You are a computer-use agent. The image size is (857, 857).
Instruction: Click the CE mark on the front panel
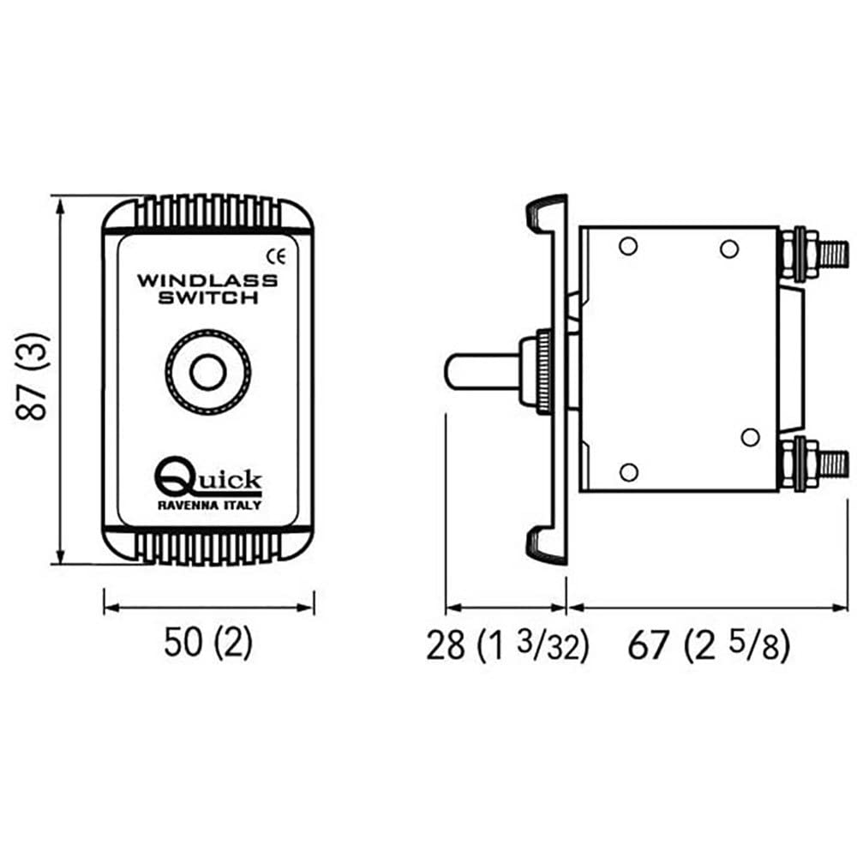point(278,255)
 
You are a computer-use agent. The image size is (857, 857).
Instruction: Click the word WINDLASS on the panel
point(207,280)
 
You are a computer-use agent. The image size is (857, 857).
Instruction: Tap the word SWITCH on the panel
point(208,298)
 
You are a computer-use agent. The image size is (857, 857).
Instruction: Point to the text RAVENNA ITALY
point(209,505)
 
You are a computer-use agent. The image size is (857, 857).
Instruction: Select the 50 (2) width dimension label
point(208,644)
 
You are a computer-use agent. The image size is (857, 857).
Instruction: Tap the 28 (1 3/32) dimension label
point(507,646)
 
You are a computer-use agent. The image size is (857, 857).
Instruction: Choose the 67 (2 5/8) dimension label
point(708,646)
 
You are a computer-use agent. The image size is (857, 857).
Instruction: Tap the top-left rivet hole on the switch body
point(627,247)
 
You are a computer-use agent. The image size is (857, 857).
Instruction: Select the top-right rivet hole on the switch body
point(728,249)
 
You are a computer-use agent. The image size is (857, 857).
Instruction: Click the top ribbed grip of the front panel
point(208,208)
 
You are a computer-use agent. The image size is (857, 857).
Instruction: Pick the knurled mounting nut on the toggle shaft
point(539,372)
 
